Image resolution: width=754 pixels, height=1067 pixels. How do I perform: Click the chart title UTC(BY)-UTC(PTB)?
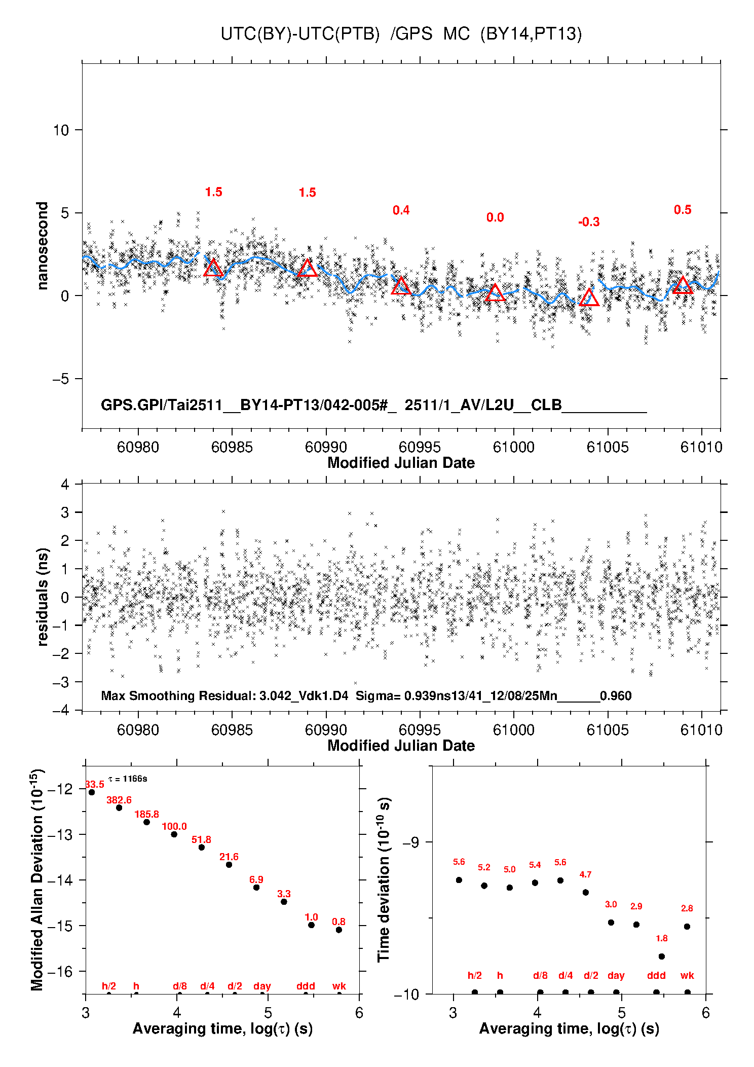click(300, 34)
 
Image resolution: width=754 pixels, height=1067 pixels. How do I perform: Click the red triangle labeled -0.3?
click(589, 298)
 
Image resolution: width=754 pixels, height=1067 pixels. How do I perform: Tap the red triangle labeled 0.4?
click(401, 286)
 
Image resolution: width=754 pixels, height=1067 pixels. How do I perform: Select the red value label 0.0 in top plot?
click(495, 217)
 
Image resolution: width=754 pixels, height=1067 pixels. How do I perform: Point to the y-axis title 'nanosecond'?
click(42, 245)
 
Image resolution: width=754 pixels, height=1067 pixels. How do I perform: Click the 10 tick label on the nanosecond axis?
click(61, 130)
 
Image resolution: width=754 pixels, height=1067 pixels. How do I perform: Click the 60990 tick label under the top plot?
click(326, 447)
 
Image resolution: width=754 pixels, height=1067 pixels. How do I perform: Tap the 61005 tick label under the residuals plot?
click(608, 730)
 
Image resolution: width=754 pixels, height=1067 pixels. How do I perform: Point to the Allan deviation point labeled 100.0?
click(174, 834)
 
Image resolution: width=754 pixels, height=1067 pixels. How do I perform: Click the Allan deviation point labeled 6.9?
click(256, 887)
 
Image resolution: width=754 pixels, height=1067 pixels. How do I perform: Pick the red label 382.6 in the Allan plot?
click(119, 800)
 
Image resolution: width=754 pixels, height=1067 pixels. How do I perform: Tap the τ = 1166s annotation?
click(128, 779)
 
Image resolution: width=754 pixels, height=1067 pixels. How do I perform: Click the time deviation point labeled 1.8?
click(661, 956)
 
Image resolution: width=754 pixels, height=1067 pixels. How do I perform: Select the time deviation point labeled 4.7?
click(585, 892)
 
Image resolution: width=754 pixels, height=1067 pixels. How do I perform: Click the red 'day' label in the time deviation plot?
click(616, 975)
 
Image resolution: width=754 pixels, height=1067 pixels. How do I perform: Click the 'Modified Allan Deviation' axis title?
click(37, 879)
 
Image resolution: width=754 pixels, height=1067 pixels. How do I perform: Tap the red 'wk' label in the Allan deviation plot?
click(339, 986)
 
